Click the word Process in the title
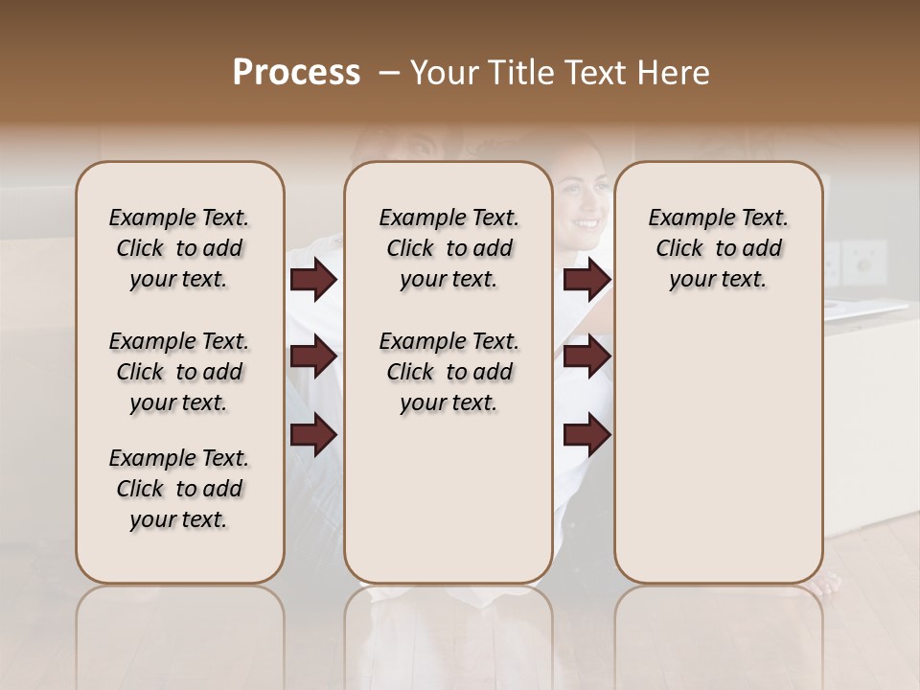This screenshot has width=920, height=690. tap(296, 73)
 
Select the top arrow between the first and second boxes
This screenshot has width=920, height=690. tap(313, 280)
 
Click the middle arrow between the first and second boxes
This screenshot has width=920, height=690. tap(313, 357)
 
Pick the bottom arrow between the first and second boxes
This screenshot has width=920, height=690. tap(313, 434)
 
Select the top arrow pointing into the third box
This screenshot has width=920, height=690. tap(586, 280)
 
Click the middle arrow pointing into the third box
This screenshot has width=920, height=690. tap(586, 357)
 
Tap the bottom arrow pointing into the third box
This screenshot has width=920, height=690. tap(586, 434)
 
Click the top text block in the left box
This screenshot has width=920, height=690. tap(179, 248)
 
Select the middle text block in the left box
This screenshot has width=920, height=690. tap(179, 372)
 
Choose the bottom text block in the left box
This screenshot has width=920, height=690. tap(179, 489)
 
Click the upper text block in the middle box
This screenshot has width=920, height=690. tap(448, 248)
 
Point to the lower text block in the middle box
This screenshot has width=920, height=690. tap(448, 372)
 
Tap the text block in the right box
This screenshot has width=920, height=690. tap(718, 248)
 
